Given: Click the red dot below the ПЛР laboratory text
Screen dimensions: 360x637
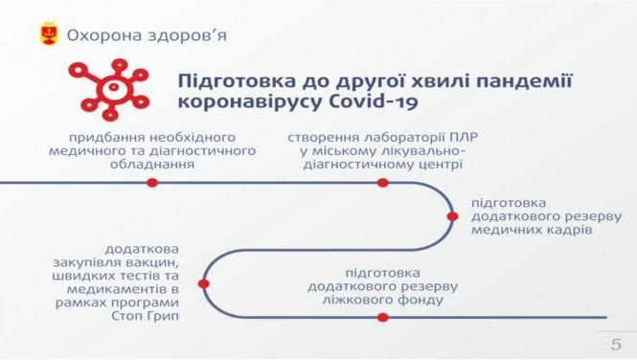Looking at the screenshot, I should point(382,182).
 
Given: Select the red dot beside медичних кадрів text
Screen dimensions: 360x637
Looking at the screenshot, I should point(451,218).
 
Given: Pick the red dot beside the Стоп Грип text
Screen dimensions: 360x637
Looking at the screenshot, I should point(203,283).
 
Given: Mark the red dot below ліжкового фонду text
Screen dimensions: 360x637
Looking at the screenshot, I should point(382,316).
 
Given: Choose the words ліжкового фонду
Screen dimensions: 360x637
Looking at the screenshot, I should point(382,299).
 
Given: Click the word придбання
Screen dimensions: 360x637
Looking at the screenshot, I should point(103,137).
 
